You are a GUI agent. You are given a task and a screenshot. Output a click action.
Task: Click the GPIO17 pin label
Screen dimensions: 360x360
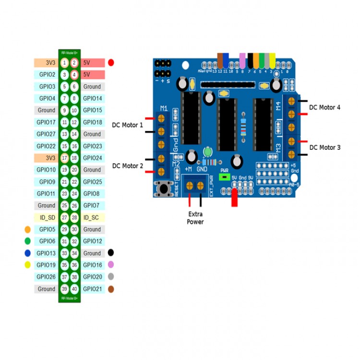pyautogui.click(x=46, y=122)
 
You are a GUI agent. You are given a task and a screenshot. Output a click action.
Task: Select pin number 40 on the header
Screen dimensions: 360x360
pyautogui.click(x=74, y=289)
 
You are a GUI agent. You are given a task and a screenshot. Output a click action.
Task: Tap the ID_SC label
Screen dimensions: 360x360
pyautogui.click(x=91, y=217)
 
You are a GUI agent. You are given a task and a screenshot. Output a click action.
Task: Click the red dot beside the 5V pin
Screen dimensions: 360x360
pyautogui.click(x=111, y=62)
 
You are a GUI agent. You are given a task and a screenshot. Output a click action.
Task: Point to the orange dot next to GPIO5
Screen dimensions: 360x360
pyautogui.click(x=27, y=229)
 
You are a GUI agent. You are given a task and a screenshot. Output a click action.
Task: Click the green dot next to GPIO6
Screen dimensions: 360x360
pyautogui.click(x=27, y=241)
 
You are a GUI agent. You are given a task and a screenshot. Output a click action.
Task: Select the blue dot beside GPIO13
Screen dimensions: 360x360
pyautogui.click(x=27, y=253)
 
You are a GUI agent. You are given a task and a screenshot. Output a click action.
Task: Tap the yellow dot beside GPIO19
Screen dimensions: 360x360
pyautogui.click(x=27, y=265)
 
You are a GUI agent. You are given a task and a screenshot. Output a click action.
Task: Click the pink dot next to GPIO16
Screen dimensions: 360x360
pyautogui.click(x=111, y=265)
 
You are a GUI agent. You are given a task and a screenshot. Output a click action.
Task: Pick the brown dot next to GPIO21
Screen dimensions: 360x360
pyautogui.click(x=111, y=289)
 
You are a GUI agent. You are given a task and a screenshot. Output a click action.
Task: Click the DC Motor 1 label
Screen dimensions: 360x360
pyautogui.click(x=128, y=125)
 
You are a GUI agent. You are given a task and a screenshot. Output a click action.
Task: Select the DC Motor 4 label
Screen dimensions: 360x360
pyautogui.click(x=324, y=108)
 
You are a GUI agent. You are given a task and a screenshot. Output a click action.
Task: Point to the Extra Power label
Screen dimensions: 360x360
pyautogui.click(x=195, y=218)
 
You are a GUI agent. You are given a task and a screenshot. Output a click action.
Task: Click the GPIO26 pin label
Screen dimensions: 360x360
pyautogui.click(x=46, y=277)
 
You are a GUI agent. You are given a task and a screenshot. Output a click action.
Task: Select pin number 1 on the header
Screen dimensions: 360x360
pyautogui.click(x=64, y=63)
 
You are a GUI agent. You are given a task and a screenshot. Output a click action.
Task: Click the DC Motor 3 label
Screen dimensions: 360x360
pyautogui.click(x=324, y=147)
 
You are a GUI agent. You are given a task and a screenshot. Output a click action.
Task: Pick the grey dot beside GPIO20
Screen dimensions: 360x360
pyautogui.click(x=111, y=277)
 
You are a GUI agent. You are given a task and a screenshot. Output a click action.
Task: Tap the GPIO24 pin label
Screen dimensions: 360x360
pyautogui.click(x=92, y=158)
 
